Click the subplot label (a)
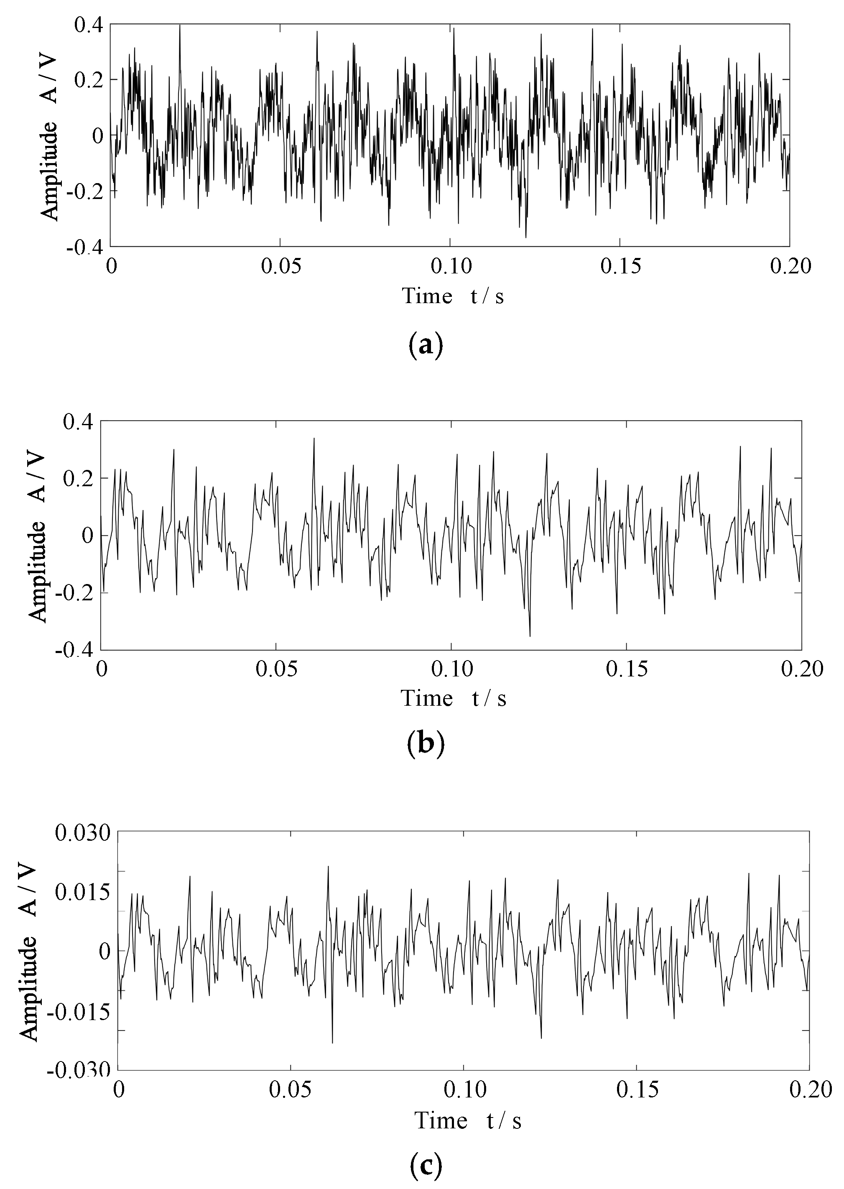(x=426, y=345)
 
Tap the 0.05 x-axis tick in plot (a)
(x=280, y=267)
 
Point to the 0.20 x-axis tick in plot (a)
(x=789, y=267)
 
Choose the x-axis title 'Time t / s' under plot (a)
(x=453, y=296)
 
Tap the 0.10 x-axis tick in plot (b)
(x=452, y=669)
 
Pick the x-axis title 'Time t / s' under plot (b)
(x=453, y=699)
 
